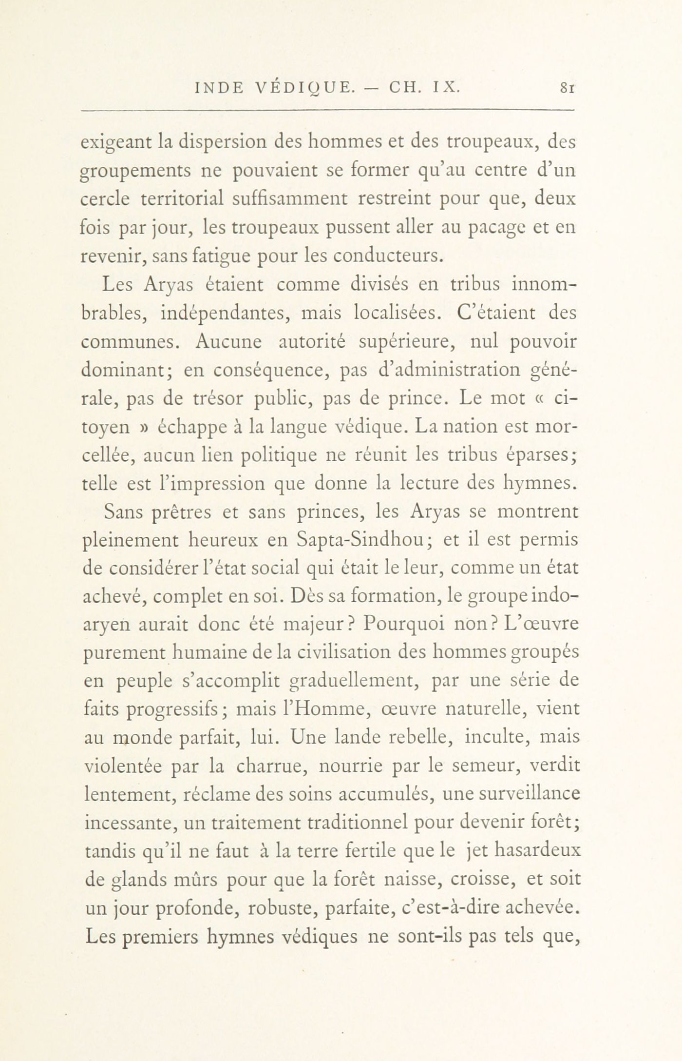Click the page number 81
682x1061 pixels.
click(x=568, y=88)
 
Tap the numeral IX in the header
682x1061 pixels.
click(x=444, y=88)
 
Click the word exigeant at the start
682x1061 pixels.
click(x=113, y=143)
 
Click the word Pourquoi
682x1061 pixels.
click(x=402, y=625)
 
